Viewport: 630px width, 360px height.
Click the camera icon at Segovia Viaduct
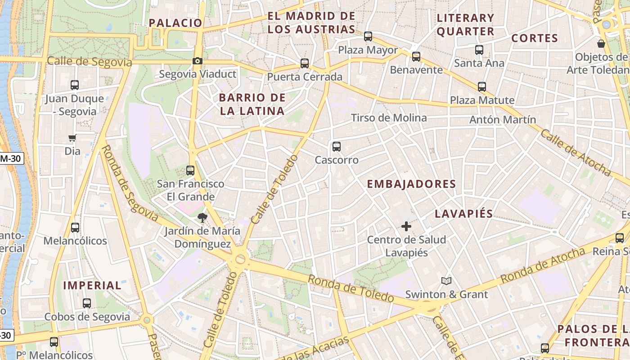point(197,61)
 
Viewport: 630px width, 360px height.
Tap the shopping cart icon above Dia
point(72,138)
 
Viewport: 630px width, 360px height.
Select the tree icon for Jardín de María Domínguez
point(202,218)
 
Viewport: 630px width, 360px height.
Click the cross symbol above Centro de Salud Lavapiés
point(406,226)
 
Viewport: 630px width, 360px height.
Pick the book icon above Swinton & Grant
point(446,281)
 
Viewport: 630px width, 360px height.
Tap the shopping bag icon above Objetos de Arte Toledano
point(601,44)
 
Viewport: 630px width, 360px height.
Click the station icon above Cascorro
point(336,147)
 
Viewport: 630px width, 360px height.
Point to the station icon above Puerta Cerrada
point(305,63)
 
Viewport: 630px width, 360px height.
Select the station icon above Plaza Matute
point(482,87)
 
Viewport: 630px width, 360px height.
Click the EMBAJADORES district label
point(411,184)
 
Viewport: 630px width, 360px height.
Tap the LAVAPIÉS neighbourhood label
point(464,214)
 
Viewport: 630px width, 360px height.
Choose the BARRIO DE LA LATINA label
point(252,104)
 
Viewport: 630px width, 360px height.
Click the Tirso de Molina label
point(389,118)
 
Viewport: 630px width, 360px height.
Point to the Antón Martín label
point(503,120)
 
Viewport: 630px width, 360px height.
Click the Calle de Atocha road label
point(576,153)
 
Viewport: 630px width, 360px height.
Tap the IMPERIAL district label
point(92,285)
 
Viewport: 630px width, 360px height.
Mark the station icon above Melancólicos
point(75,228)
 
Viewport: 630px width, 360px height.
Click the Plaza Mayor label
point(368,50)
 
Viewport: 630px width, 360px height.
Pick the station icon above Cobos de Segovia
point(87,303)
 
